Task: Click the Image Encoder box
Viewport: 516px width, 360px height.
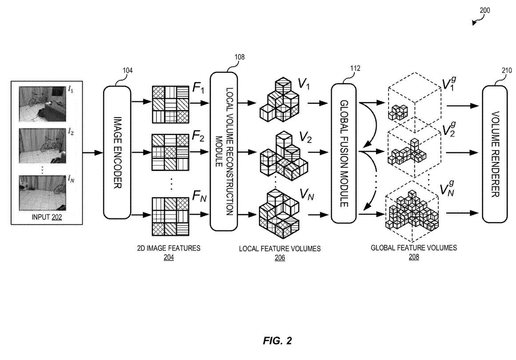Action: pos(117,153)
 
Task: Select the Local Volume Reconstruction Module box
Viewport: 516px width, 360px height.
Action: pos(224,151)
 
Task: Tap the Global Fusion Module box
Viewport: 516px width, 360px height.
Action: pos(344,153)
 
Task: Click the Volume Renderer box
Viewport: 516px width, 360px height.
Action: pos(495,154)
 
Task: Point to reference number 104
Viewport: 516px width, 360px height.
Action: pos(128,71)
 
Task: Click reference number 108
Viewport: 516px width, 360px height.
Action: pos(240,57)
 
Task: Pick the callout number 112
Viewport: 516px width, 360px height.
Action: pos(355,68)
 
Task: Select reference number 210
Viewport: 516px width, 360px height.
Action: pos(507,71)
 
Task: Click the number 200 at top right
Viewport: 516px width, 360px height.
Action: pos(485,10)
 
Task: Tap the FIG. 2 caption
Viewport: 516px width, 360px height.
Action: pos(278,340)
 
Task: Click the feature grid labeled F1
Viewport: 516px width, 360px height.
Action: pos(171,104)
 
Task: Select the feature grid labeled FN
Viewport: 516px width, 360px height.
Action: pos(171,217)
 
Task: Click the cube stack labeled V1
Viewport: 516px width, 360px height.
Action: pos(280,99)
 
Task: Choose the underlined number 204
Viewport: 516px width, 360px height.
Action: pos(168,257)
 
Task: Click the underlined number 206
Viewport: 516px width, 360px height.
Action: pos(280,257)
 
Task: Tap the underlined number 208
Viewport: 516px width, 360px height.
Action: pos(414,257)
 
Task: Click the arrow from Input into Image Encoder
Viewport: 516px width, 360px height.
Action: pos(93,153)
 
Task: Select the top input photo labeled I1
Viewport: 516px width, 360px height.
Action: pos(43,104)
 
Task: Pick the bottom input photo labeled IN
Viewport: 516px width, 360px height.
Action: pos(43,193)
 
